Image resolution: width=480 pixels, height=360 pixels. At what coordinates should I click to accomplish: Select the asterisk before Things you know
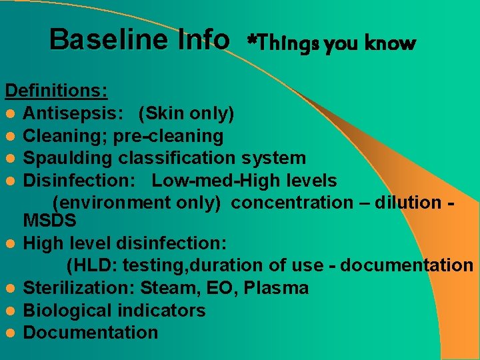tap(251, 43)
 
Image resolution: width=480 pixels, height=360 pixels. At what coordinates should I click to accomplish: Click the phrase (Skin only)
tap(186, 114)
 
